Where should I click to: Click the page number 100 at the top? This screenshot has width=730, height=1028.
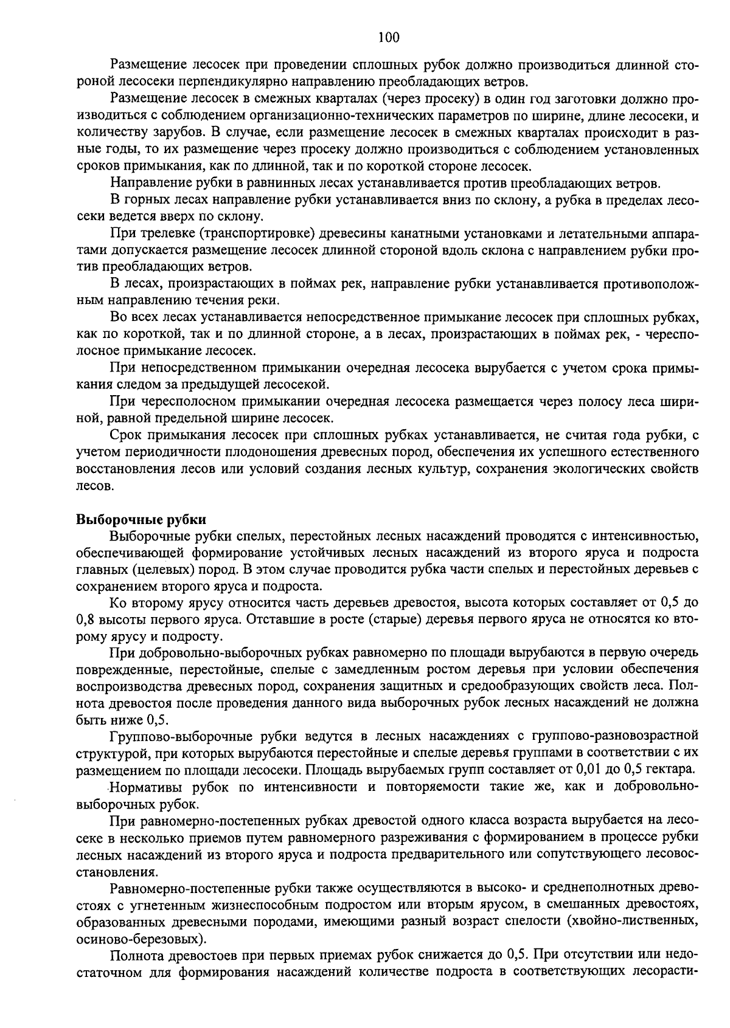[388, 38]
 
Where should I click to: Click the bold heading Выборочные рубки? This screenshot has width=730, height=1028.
[141, 520]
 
